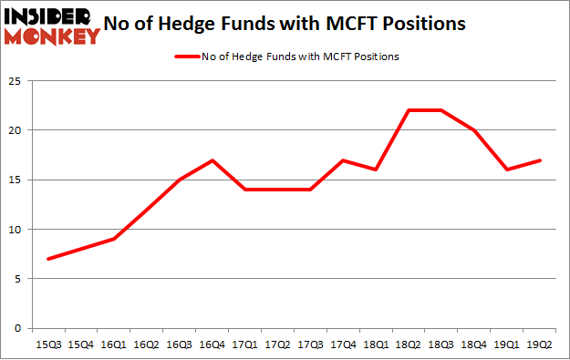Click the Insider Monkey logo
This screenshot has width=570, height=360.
[x=51, y=25]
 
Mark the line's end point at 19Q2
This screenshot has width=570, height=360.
[x=540, y=160]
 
